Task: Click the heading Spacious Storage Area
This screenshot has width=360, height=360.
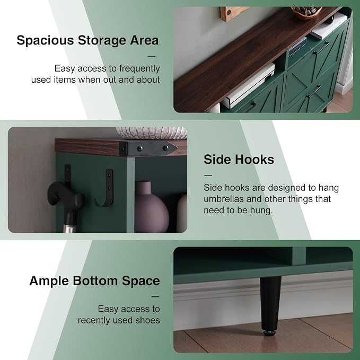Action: point(87,40)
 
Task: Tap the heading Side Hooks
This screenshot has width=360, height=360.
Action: point(239,160)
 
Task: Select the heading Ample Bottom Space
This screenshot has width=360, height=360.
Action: point(94,281)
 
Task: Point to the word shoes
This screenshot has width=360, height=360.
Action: point(147,320)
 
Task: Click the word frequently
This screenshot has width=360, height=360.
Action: point(139,68)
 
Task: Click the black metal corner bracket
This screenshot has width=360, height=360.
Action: point(148,149)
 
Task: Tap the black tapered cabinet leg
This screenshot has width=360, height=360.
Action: point(270,303)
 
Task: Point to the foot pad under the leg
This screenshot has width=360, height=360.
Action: point(270,333)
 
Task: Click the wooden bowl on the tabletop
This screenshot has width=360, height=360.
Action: point(306,12)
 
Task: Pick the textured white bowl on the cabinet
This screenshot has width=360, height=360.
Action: point(152,133)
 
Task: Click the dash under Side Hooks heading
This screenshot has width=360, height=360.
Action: point(208,175)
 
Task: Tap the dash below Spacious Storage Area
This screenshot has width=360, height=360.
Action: point(151,56)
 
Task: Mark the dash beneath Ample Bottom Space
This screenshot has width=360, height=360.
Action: point(155,296)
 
